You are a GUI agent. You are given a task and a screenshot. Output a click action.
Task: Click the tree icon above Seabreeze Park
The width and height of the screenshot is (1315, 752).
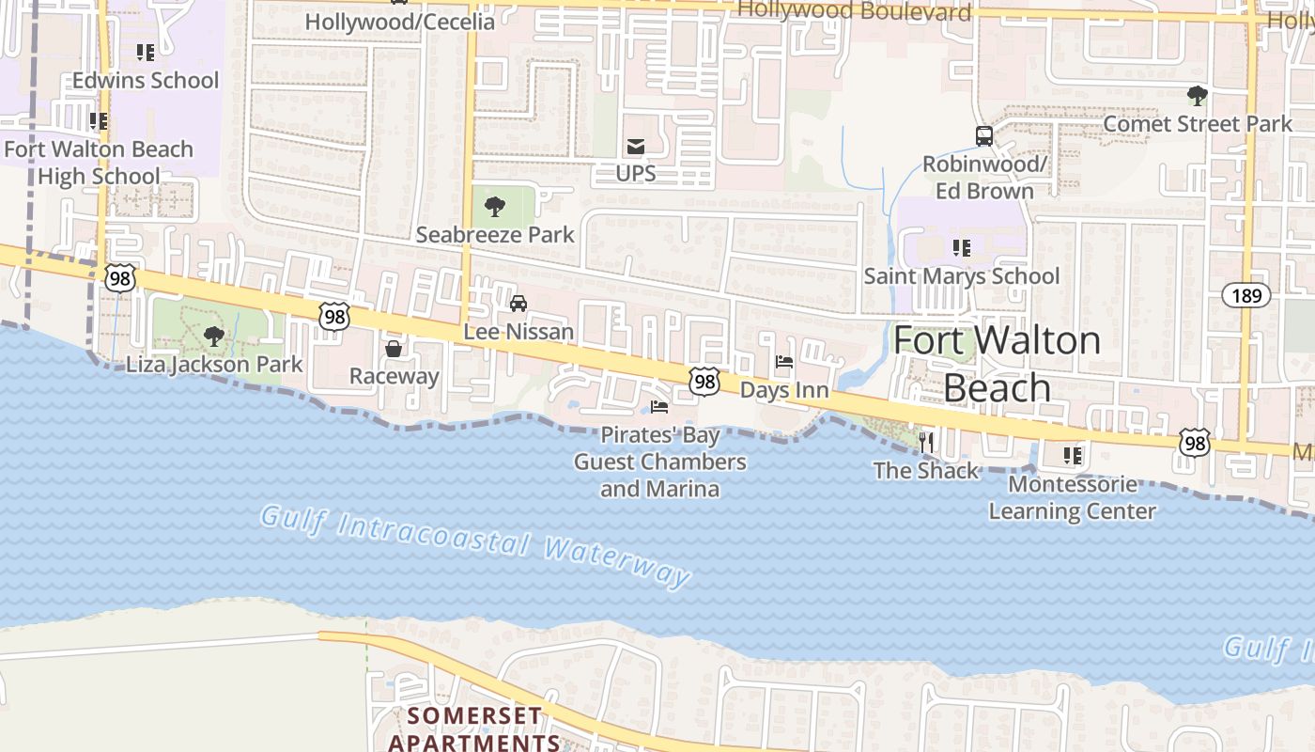tap(495, 206)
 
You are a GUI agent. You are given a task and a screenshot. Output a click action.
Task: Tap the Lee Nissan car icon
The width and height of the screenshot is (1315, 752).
tap(518, 304)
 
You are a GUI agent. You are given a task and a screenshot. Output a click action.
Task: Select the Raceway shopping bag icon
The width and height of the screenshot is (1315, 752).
tap(394, 349)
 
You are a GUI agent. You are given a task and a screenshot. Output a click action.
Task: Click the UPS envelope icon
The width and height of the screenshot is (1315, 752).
tap(636, 146)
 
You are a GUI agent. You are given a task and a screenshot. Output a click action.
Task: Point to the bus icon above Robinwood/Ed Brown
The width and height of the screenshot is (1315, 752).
tap(983, 136)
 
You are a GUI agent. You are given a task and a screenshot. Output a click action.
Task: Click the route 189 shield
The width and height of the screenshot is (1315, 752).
tap(1246, 295)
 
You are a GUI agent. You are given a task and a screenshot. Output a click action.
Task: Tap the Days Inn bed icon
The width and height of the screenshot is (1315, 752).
tap(784, 362)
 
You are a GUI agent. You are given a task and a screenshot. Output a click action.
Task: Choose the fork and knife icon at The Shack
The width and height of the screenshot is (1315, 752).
tap(926, 442)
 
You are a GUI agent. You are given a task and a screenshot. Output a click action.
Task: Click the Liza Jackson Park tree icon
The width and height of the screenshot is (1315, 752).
tap(214, 336)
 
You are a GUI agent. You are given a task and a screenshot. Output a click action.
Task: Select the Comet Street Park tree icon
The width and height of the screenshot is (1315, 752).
tap(1197, 95)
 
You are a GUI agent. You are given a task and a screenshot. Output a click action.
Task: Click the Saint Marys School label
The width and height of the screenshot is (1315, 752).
tap(961, 276)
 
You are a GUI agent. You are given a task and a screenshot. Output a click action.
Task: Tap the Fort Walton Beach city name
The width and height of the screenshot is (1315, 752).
tap(997, 363)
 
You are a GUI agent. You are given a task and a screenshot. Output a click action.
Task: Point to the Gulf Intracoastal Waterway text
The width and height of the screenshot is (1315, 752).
tap(475, 544)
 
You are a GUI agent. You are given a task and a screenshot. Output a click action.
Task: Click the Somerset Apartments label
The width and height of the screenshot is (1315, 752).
tap(474, 728)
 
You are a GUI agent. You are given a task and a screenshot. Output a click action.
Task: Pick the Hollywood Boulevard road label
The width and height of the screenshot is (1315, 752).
tap(854, 11)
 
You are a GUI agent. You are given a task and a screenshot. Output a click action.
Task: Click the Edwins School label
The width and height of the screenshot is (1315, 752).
tap(146, 81)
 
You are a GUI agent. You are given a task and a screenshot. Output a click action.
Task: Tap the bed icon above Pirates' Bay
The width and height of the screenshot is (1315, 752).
tap(659, 407)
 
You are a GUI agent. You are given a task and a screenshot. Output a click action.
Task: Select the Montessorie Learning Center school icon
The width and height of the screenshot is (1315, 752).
tap(1072, 456)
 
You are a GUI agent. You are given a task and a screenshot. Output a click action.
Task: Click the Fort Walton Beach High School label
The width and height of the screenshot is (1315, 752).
tap(99, 163)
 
